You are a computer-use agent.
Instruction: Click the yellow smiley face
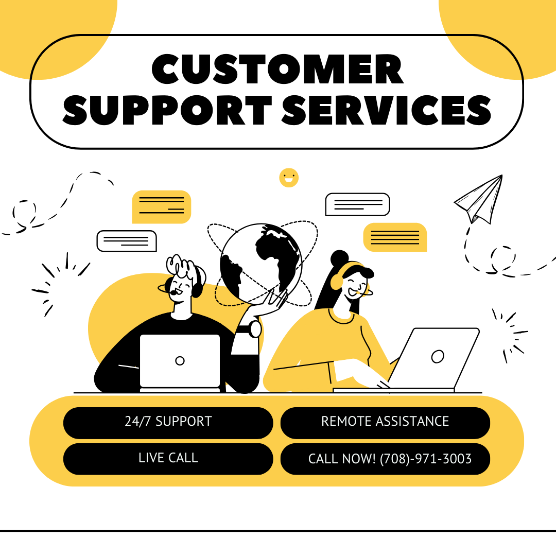pos(289,178)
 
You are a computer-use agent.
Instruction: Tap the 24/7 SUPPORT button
pos(168,422)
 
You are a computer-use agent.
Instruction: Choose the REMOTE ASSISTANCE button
pos(385,422)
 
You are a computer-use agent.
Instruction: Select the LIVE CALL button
pos(168,458)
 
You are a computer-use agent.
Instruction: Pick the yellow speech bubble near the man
pos(161,206)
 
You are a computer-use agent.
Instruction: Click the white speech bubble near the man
pos(127,240)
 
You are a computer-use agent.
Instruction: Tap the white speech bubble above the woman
pos(357,204)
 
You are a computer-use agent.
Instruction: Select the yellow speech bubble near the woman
pos(395,237)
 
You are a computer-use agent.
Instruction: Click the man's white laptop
pos(180,361)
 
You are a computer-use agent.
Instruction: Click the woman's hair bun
pos(340,257)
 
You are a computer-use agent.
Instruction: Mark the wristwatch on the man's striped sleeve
pos(255,329)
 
